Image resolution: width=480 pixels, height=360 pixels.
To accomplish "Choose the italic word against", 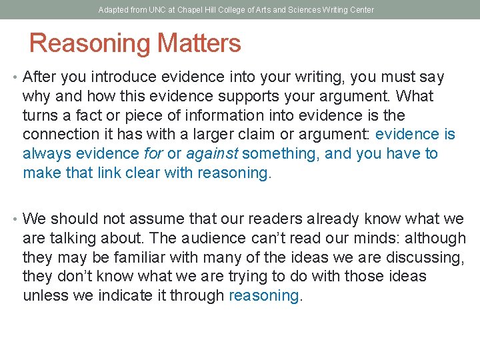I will point(211,154).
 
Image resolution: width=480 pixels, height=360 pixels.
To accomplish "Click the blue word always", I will point(47,154).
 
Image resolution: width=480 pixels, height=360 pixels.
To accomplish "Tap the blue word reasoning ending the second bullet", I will point(264,296).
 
